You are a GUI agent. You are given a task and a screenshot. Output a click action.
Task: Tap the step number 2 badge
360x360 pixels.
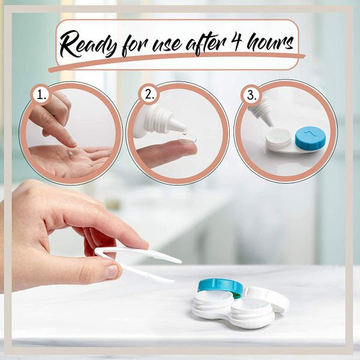tap(149, 94)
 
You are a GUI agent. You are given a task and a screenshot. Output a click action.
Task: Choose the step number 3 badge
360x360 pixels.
tap(251, 95)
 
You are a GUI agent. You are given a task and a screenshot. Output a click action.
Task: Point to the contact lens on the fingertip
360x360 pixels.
tap(188, 139)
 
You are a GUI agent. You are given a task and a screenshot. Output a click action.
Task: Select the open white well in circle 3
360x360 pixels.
tap(278, 139)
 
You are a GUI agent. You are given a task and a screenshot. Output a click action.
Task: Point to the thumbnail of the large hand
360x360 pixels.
tap(113, 271)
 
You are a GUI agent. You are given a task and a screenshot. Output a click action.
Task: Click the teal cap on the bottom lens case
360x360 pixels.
tap(220, 286)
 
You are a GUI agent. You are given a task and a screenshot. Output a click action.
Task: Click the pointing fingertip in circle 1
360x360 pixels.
tap(73, 143)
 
